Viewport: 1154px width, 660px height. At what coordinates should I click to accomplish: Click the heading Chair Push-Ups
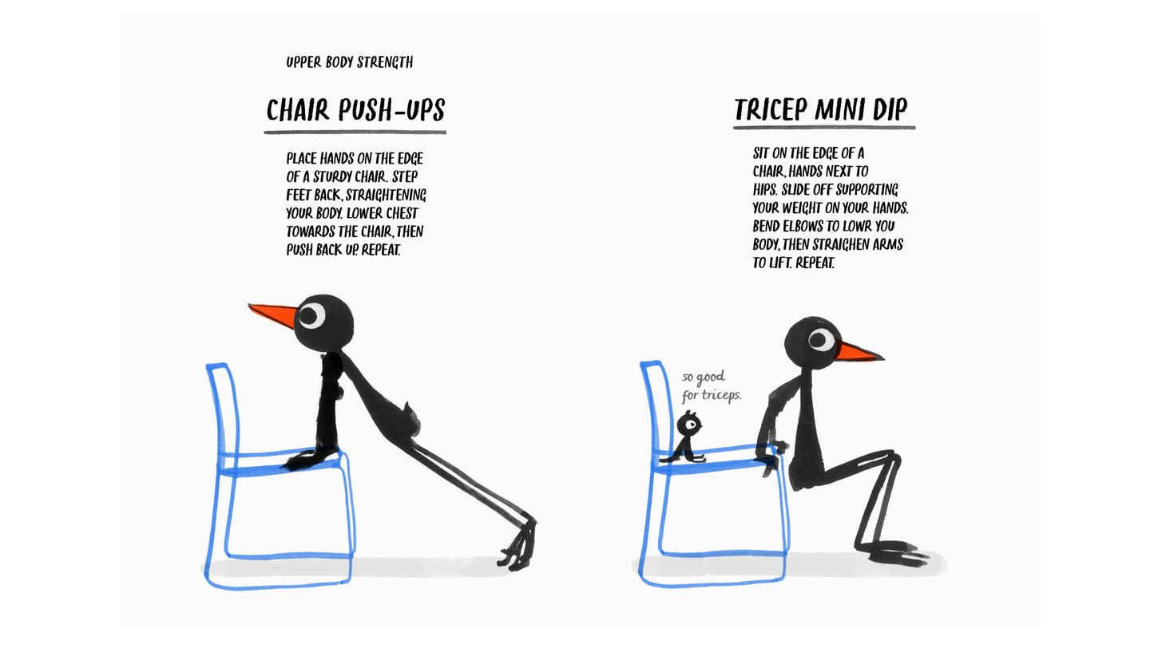click(x=355, y=110)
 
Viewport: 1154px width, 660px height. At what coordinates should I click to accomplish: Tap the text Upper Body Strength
click(x=349, y=62)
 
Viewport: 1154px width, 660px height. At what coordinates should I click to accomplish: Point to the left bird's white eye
click(x=311, y=315)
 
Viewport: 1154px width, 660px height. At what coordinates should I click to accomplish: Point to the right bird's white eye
click(x=820, y=340)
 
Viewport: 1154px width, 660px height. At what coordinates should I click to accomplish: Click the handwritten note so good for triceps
click(x=710, y=385)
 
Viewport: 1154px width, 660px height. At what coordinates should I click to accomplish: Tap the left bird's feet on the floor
click(x=519, y=549)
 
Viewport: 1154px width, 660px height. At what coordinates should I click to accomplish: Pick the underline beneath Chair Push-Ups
click(x=355, y=132)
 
